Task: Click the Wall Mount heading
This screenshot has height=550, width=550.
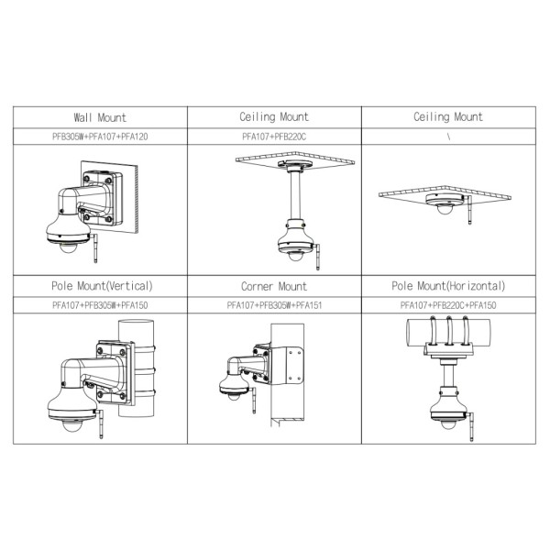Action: click(x=100, y=117)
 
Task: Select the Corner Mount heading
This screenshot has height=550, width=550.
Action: click(x=274, y=286)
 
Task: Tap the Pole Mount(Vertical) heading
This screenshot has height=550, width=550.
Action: click(x=100, y=286)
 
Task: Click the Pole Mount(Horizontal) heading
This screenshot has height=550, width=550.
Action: click(x=448, y=286)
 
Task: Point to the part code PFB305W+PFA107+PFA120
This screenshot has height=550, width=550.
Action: click(x=100, y=136)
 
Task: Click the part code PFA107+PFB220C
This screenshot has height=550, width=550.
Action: click(x=274, y=136)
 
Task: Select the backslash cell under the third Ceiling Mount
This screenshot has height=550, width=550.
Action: click(x=448, y=136)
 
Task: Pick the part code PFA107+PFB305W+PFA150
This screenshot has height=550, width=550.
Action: click(x=100, y=304)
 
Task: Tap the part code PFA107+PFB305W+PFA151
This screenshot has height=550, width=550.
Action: click(x=274, y=304)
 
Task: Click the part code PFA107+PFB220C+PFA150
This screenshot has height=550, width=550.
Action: click(x=448, y=304)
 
